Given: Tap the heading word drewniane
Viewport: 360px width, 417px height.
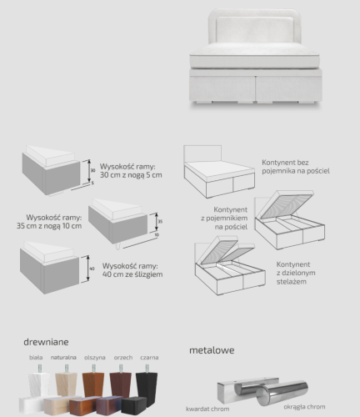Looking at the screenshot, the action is (46, 342).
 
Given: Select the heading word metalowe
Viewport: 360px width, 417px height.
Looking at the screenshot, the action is (212, 350).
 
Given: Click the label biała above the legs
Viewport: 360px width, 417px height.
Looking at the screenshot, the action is (36, 357).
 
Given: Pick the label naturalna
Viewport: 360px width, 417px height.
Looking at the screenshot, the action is (63, 357).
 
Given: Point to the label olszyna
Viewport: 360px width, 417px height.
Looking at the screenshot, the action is (95, 358).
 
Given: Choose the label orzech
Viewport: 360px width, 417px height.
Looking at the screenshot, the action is (123, 358).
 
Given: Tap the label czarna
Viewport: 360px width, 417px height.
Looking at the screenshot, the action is (149, 358).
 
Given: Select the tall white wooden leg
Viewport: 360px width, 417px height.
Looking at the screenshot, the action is (39, 382).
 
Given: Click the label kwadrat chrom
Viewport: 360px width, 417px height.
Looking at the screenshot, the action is (207, 409).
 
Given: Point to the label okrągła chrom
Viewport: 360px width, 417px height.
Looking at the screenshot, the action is (304, 407).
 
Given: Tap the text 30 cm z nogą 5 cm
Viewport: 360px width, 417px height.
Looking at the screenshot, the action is (131, 175).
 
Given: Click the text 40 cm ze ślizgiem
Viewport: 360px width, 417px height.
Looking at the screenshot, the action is (132, 274).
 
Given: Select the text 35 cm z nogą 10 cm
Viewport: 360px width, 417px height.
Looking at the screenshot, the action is (49, 226).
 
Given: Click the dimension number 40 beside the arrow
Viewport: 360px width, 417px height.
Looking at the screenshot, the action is (92, 269).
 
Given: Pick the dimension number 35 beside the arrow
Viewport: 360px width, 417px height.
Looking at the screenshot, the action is (160, 222).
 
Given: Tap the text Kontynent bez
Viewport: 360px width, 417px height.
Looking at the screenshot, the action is (285, 163).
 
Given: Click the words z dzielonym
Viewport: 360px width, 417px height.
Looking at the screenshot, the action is (296, 273).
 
